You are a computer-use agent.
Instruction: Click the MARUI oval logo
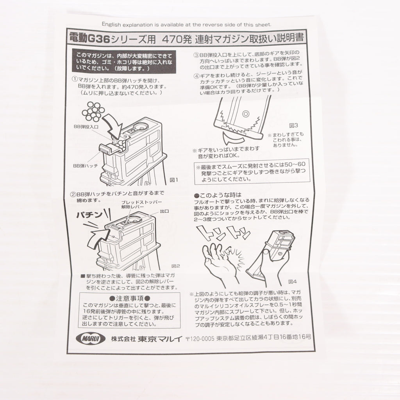(x=91, y=339)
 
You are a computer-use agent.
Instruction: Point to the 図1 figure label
(x=174, y=180)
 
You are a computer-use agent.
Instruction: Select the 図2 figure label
(x=175, y=266)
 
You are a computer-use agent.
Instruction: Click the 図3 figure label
(x=294, y=125)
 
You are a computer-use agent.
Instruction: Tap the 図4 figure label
(x=292, y=282)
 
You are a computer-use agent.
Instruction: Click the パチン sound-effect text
(x=89, y=215)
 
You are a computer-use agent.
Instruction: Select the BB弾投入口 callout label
(x=86, y=127)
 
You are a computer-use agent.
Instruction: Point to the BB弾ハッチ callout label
(x=86, y=166)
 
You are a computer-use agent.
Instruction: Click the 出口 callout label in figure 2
(x=164, y=211)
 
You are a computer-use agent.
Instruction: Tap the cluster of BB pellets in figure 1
(x=93, y=112)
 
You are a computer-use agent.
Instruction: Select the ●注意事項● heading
(x=130, y=298)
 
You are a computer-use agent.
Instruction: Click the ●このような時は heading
(x=218, y=195)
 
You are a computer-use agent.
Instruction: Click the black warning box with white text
(x=124, y=61)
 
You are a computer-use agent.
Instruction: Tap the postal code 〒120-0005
(x=200, y=339)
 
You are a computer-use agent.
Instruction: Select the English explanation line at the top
(x=186, y=25)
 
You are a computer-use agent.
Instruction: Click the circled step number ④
(x=196, y=76)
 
